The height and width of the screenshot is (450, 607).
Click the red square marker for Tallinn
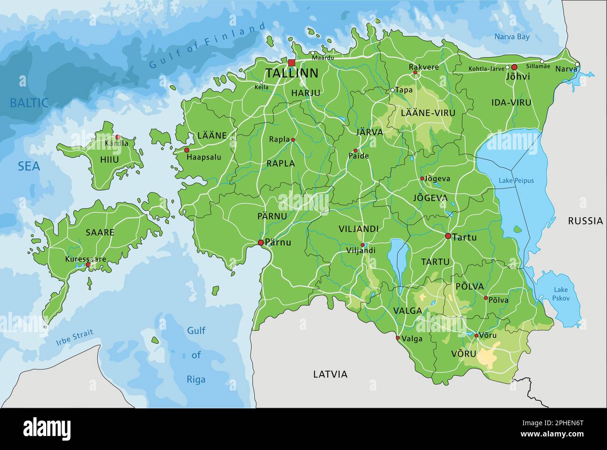[x=292, y=63]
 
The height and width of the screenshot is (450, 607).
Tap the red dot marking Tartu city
[x=448, y=236]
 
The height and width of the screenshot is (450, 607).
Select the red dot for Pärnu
[x=261, y=242]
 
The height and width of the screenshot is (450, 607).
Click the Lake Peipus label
[x=516, y=181]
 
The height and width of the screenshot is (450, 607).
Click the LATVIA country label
[x=330, y=374]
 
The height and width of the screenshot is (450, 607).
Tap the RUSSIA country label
[x=585, y=221]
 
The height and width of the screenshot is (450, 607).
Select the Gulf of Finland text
[x=208, y=46]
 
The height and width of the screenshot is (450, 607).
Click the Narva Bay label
[x=512, y=36]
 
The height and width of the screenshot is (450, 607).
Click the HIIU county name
[x=109, y=160]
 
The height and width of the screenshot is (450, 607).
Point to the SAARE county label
[x=99, y=232]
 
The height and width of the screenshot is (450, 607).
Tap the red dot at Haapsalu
[x=187, y=150]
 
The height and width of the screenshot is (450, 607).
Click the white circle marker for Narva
[x=577, y=65]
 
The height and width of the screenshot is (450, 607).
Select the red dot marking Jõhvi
[x=514, y=67]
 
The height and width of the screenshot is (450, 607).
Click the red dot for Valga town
[x=397, y=337]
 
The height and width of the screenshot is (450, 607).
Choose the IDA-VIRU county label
[x=511, y=102]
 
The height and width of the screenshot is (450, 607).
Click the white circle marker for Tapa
[x=393, y=90]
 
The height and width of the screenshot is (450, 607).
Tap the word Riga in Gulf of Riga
[x=196, y=379]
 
